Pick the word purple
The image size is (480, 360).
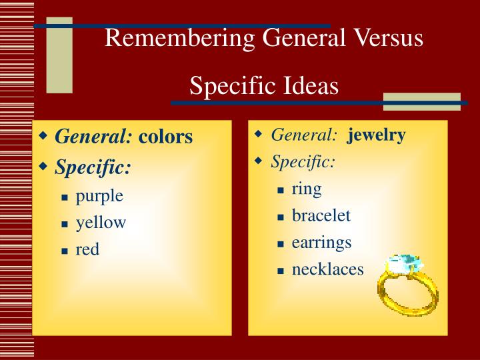pyautogui.click(x=99, y=196)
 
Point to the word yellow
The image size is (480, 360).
pyautogui.click(x=101, y=223)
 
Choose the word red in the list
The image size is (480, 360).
pyautogui.click(x=87, y=249)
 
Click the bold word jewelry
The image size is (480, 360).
pyautogui.click(x=376, y=135)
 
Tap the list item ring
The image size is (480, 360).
pyautogui.click(x=307, y=189)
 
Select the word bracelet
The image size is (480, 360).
pyautogui.click(x=321, y=215)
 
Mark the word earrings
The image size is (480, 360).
pyautogui.click(x=321, y=242)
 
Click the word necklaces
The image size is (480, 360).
pyautogui.click(x=328, y=269)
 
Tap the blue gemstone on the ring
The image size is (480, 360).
pyautogui.click(x=404, y=264)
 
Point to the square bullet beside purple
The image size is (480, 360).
pyautogui.click(x=65, y=197)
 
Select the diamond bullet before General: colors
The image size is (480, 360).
pyautogui.click(x=44, y=136)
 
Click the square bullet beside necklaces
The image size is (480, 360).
pyautogui.click(x=281, y=271)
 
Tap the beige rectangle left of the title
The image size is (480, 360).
pyautogui.click(x=59, y=55)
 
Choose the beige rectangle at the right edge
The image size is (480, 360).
pyautogui.click(x=421, y=101)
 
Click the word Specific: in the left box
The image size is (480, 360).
pyautogui.click(x=93, y=167)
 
